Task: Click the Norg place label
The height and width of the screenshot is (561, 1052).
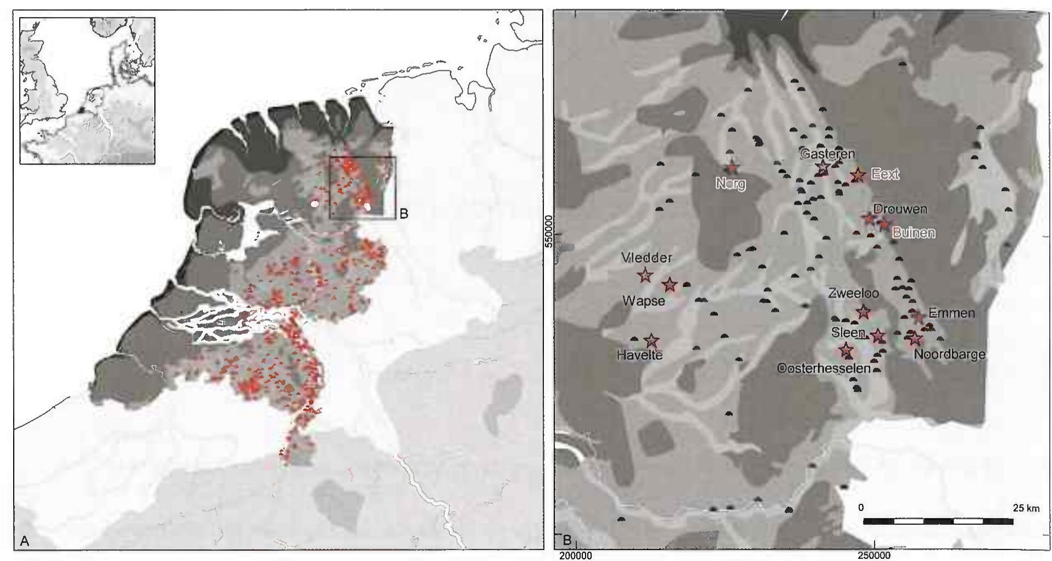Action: (x=731, y=183)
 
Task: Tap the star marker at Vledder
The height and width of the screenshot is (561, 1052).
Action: (x=644, y=275)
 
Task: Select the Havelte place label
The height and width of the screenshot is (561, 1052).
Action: (x=639, y=355)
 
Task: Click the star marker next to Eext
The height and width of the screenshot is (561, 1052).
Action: (x=858, y=175)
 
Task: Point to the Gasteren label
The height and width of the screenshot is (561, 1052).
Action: (x=827, y=153)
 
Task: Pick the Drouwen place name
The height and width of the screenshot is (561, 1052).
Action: (x=900, y=209)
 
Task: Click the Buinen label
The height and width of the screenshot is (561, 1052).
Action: (x=914, y=232)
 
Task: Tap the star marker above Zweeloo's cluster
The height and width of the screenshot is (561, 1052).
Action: (x=863, y=312)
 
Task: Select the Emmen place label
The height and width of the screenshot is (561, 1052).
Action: (x=951, y=313)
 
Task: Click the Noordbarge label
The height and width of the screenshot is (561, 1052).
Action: (x=949, y=354)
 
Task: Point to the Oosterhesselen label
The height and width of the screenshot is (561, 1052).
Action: (x=823, y=368)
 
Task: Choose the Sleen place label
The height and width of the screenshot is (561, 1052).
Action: (x=848, y=332)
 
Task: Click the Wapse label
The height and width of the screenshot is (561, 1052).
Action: (x=644, y=300)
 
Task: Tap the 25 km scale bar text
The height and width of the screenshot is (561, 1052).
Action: (x=1026, y=508)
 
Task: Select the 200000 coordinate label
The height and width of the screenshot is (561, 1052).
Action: (x=575, y=555)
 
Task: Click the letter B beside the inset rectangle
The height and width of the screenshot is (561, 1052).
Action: (x=404, y=214)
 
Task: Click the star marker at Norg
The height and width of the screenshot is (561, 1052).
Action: (x=732, y=168)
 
